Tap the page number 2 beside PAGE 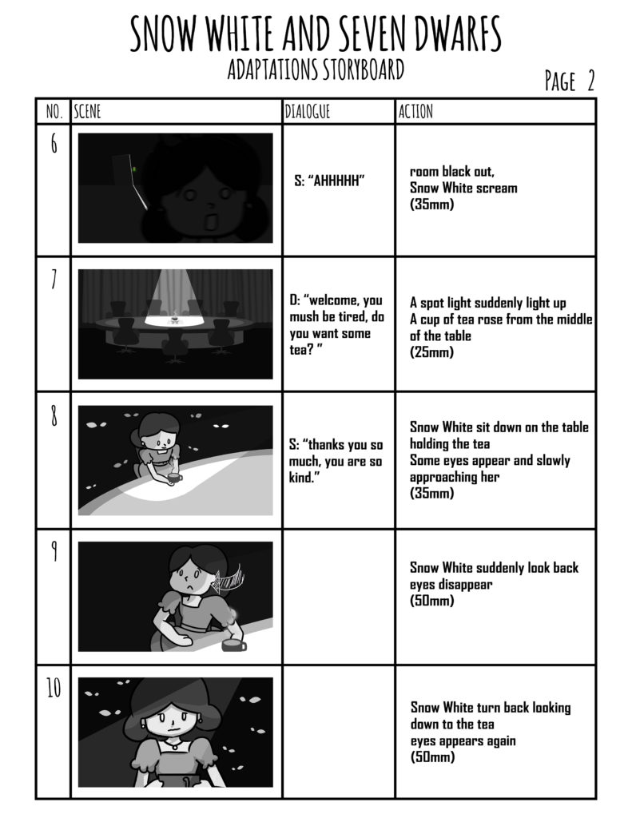tap(590, 81)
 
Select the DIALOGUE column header tap(308, 111)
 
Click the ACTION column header tap(415, 111)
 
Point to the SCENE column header tap(87, 111)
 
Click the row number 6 tap(54, 144)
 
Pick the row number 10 tap(54, 688)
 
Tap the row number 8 tap(54, 416)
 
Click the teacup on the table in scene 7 tap(175, 319)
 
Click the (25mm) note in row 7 tap(431, 352)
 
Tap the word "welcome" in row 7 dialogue tap(332, 300)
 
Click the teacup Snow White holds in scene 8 tap(173, 478)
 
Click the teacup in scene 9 tap(233, 645)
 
